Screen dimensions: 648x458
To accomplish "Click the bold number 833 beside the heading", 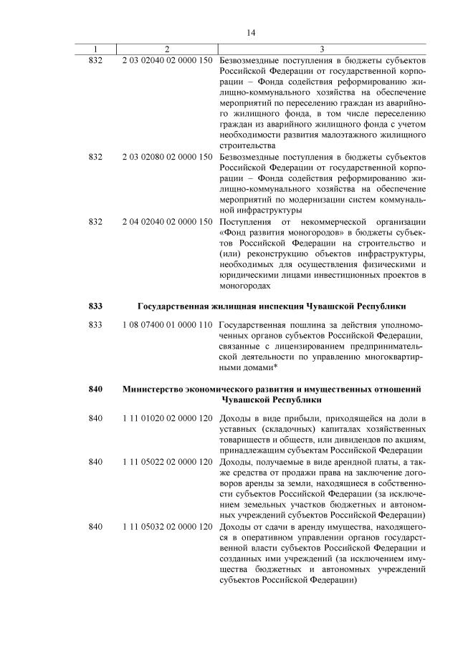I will click(x=95, y=306).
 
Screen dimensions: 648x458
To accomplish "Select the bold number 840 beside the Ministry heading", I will click(x=95, y=388).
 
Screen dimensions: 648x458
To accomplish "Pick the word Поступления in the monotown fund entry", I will click(x=246, y=221).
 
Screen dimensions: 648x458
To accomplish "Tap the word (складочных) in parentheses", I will click(x=287, y=428).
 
